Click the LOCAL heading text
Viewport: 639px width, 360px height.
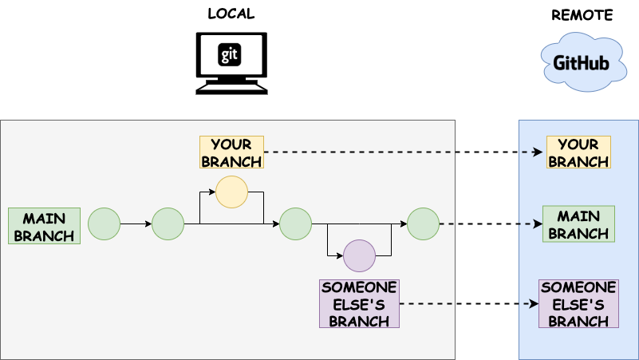click(x=231, y=14)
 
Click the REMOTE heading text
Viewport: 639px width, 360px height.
click(x=582, y=15)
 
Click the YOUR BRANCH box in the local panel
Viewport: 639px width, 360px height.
click(x=231, y=152)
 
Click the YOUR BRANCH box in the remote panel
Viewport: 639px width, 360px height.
click(x=578, y=152)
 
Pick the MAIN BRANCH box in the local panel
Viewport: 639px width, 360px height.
click(x=44, y=226)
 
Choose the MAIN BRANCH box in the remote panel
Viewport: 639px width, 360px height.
click(x=578, y=224)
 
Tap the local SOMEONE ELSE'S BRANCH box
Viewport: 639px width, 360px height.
click(x=359, y=303)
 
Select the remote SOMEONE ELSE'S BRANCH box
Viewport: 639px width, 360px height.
click(x=578, y=303)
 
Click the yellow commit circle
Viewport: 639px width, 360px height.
click(x=231, y=192)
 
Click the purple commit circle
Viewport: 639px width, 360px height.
click(x=359, y=256)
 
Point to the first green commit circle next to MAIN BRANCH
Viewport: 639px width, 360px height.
click(x=104, y=224)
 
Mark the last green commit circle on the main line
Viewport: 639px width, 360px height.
click(x=423, y=224)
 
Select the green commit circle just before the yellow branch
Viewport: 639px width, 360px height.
click(x=168, y=224)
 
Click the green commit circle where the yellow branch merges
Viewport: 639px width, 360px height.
click(x=295, y=224)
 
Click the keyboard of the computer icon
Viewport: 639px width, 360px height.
click(x=231, y=89)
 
